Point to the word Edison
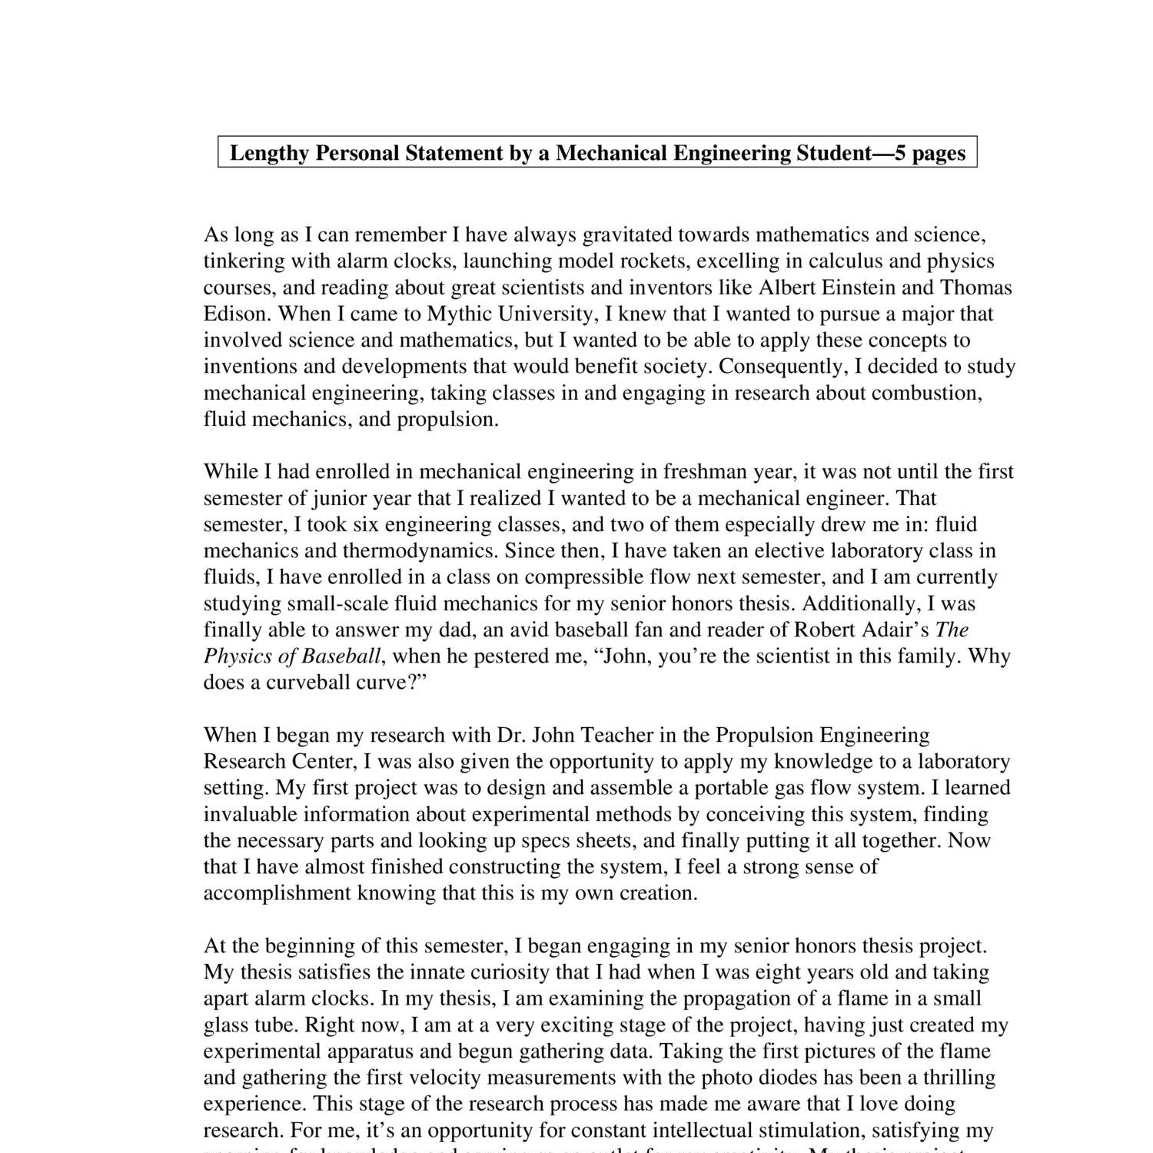point(237,314)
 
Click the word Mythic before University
point(459,314)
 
